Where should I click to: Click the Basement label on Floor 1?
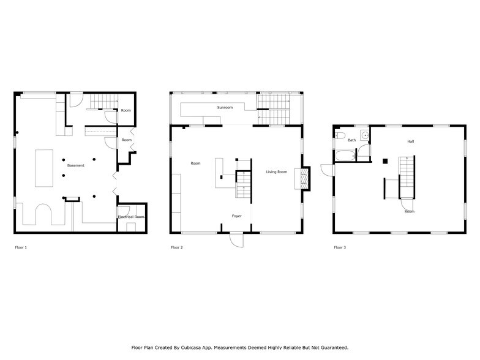(x=76, y=165)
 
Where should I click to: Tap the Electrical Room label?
(x=130, y=217)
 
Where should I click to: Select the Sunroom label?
(x=225, y=107)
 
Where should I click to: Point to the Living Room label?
(x=276, y=172)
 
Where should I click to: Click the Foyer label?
(x=236, y=216)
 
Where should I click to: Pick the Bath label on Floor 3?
(x=351, y=140)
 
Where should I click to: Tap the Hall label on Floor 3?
(x=411, y=141)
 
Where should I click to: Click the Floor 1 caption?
(x=21, y=247)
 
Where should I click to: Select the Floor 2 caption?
(x=177, y=247)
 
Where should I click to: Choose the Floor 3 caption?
(x=339, y=247)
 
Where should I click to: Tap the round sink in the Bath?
(x=365, y=135)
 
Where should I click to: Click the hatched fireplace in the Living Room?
(x=300, y=178)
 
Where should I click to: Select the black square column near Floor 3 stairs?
(x=384, y=162)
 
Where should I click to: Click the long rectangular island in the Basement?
(x=43, y=167)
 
